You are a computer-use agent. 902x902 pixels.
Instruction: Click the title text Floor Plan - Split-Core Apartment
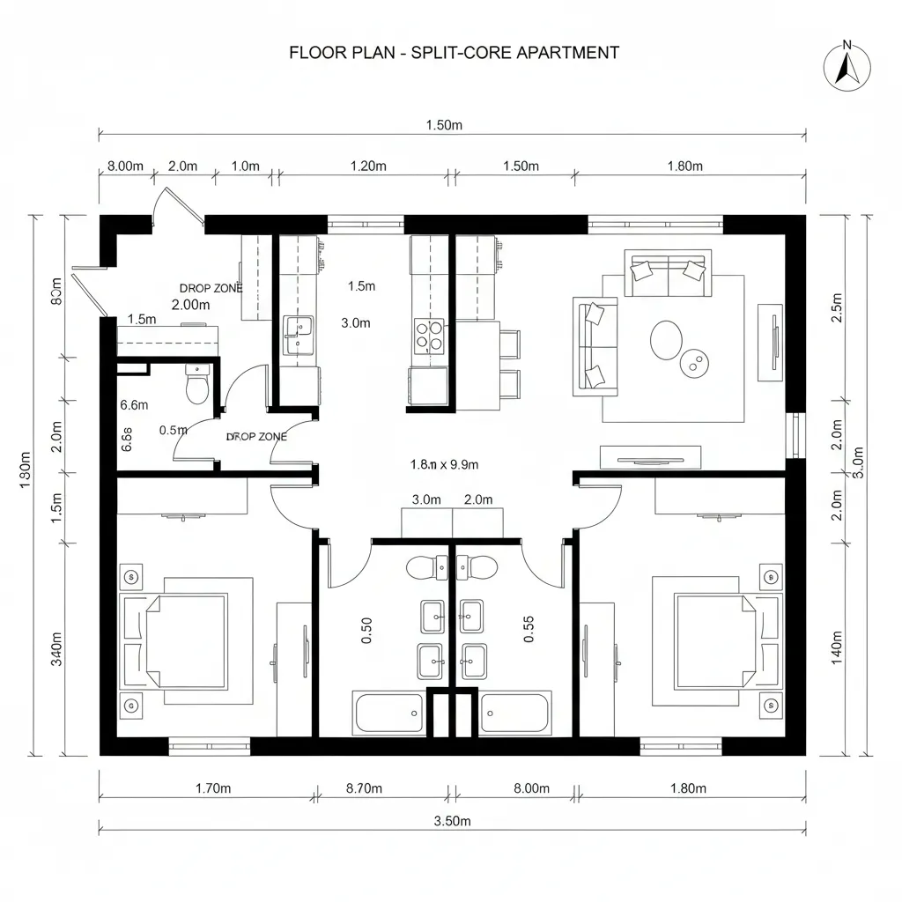tap(454, 53)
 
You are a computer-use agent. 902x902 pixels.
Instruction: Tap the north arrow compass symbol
tap(847, 66)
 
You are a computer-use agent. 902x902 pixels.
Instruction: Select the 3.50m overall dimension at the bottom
tap(453, 821)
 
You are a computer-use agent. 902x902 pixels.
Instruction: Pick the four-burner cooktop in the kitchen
tap(429, 336)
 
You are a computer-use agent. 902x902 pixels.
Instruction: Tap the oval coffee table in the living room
tap(665, 338)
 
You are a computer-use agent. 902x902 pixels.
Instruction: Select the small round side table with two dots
tap(696, 363)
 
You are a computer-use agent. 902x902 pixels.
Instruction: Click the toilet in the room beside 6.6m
tap(197, 385)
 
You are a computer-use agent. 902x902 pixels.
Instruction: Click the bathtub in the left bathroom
tap(388, 713)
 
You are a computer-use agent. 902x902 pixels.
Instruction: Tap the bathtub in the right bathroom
tap(515, 713)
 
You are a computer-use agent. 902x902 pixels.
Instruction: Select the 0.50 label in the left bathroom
tap(367, 631)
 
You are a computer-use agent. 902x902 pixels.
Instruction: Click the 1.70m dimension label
tap(212, 788)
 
